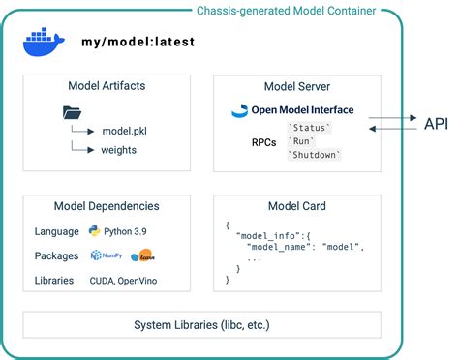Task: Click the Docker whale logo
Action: [x=43, y=43]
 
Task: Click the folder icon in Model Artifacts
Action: [x=73, y=112]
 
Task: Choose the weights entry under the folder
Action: [x=120, y=150]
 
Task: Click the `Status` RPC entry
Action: [x=310, y=128]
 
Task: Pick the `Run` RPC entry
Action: [x=302, y=141]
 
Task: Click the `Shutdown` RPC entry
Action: [x=315, y=155]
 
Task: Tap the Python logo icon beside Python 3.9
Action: [x=95, y=231]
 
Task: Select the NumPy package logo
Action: [x=104, y=255]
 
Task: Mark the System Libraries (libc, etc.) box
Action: [x=201, y=324]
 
